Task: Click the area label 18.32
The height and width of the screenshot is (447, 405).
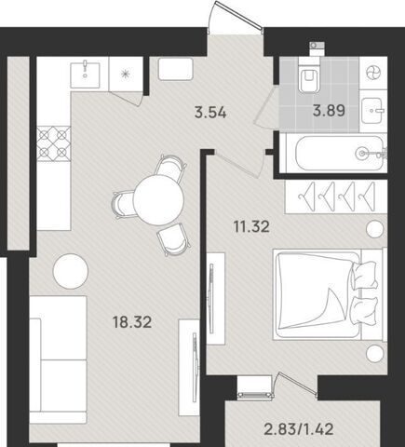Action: pos(132,322)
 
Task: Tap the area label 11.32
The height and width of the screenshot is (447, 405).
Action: pos(251,226)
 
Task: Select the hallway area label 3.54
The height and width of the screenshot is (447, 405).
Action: pos(210,112)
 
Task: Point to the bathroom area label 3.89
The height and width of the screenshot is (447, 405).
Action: pos(329,110)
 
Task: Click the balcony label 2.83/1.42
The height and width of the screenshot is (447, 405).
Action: pos(299,429)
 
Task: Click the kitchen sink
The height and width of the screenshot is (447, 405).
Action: pos(86,75)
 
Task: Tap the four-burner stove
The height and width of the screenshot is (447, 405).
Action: pos(54,143)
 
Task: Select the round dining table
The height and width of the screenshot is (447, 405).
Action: pos(158,200)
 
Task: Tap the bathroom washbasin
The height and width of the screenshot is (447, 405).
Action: pos(374,110)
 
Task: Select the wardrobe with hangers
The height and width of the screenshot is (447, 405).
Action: pos(336,196)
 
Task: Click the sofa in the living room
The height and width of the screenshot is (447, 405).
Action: pos(58,359)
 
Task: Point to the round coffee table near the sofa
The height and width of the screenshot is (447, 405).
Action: pos(71,271)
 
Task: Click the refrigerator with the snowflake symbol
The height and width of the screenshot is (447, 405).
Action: pos(126,74)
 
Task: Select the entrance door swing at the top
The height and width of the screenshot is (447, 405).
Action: pos(236,17)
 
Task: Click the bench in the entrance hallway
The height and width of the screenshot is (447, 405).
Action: pos(176,70)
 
